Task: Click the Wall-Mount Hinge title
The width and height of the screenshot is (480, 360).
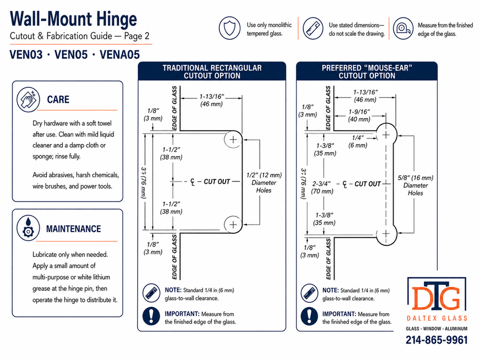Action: click(73, 19)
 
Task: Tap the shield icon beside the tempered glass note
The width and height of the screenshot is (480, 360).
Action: click(229, 28)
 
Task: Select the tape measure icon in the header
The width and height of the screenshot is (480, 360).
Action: click(403, 28)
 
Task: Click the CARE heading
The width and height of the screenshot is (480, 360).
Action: click(58, 99)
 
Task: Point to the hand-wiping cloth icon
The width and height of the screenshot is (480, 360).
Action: click(28, 99)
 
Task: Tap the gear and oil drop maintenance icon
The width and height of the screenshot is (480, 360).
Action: click(28, 228)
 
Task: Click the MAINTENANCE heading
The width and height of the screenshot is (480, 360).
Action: click(73, 228)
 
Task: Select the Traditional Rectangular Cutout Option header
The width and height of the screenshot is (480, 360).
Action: click(212, 72)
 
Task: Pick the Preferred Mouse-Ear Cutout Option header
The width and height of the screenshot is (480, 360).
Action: click(367, 72)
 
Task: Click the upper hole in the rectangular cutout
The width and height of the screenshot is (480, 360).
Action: click(233, 140)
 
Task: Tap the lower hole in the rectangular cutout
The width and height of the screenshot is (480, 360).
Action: click(233, 224)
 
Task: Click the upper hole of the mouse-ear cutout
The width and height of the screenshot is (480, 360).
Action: click(386, 135)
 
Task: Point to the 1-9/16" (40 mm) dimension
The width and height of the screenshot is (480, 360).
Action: click(359, 115)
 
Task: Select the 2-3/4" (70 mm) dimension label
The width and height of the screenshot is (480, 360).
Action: click(322, 187)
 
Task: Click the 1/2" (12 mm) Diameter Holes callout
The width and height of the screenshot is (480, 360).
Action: click(264, 182)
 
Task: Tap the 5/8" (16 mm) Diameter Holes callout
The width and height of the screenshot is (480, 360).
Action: click(415, 185)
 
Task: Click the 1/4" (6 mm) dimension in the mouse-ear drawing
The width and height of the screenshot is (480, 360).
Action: click(358, 142)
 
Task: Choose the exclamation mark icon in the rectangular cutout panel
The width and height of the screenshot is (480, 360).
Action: click(151, 316)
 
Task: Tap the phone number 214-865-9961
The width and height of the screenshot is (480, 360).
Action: click(437, 340)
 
